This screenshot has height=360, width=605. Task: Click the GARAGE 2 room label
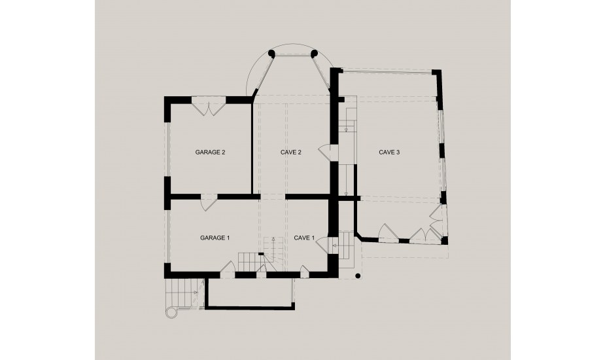210,153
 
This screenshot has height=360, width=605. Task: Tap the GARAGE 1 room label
215,238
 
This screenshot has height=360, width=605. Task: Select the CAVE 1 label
304,238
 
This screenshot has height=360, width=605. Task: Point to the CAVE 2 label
290,153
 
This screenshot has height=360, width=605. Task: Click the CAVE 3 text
389,153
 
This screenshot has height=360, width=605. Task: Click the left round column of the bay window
271,53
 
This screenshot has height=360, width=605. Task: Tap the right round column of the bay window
314,53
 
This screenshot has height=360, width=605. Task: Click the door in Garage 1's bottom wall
228,267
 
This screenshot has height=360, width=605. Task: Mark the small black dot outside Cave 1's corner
358,276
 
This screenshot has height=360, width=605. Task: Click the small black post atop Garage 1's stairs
261,254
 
